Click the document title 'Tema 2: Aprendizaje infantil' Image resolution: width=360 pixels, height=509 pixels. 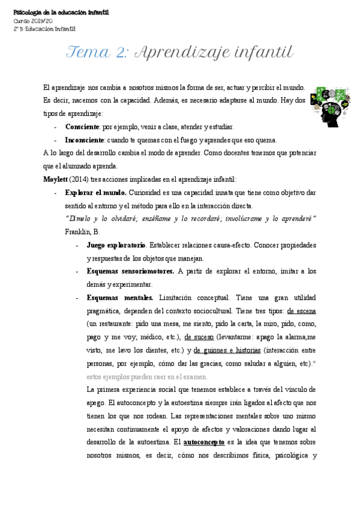click(x=180, y=53)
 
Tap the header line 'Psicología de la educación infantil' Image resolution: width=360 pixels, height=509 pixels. click(x=61, y=13)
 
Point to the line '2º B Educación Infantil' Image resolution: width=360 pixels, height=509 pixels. click(x=44, y=28)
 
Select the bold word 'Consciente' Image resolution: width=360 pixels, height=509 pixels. click(x=82, y=127)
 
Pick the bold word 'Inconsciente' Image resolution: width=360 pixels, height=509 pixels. click(x=85, y=140)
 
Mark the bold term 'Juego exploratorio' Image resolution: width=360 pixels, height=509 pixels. click(x=116, y=245)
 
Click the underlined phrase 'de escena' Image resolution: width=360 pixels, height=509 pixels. click(x=302, y=311)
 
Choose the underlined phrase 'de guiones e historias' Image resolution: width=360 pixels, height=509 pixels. click(x=227, y=351)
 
